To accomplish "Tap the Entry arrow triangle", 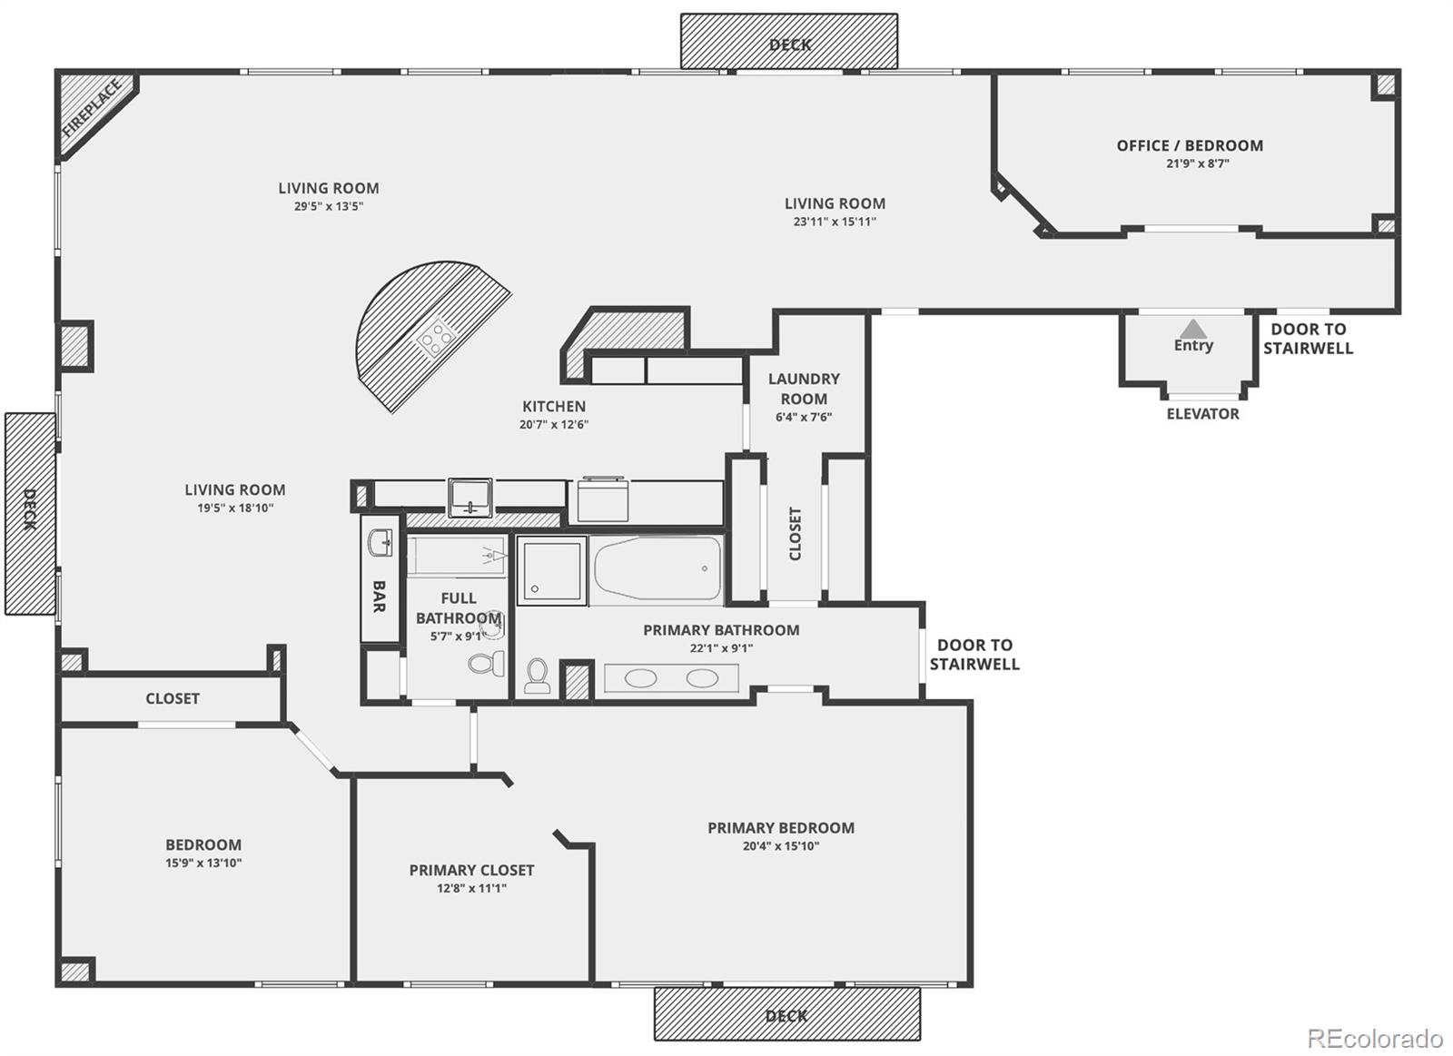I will click(x=1193, y=329).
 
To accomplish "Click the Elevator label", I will click(x=1202, y=414).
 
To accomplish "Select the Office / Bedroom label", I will click(x=1190, y=145).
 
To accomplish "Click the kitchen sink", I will click(x=470, y=498).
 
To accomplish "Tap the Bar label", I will click(x=380, y=597).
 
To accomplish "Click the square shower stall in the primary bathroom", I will click(x=551, y=570).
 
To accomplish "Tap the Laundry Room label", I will click(x=804, y=389).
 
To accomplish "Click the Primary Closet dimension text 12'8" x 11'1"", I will click(x=471, y=888).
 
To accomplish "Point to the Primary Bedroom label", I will click(x=781, y=827).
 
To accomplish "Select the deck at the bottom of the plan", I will click(x=786, y=1014).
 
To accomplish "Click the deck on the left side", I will click(x=30, y=513).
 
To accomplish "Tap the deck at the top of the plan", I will click(x=789, y=42).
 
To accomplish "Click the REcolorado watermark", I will click(x=1375, y=1038).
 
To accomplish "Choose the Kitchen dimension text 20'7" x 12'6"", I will click(x=554, y=424).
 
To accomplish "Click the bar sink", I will click(x=381, y=544).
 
